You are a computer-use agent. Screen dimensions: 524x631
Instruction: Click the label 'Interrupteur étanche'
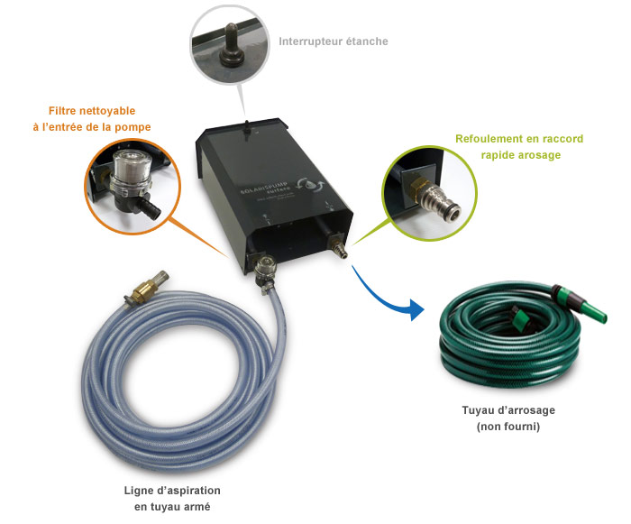coord(334,41)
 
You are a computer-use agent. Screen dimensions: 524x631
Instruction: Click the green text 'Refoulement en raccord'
coord(519,139)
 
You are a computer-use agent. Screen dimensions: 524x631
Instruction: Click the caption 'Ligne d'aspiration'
coord(171,490)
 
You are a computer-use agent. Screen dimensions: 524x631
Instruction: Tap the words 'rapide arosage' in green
coord(519,154)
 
